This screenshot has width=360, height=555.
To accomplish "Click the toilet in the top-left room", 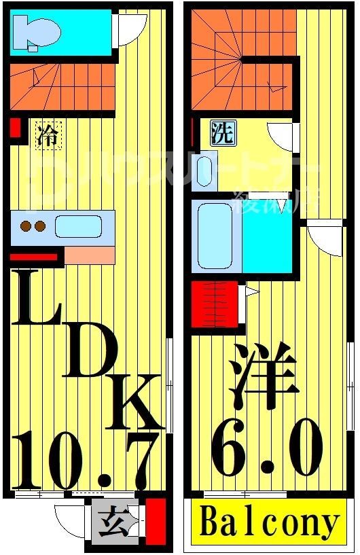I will tap(37, 32).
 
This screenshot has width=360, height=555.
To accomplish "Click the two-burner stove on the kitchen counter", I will tap(32, 226).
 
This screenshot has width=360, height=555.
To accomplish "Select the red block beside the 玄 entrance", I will tap(156, 520).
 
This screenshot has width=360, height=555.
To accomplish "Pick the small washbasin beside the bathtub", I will tap(204, 171).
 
